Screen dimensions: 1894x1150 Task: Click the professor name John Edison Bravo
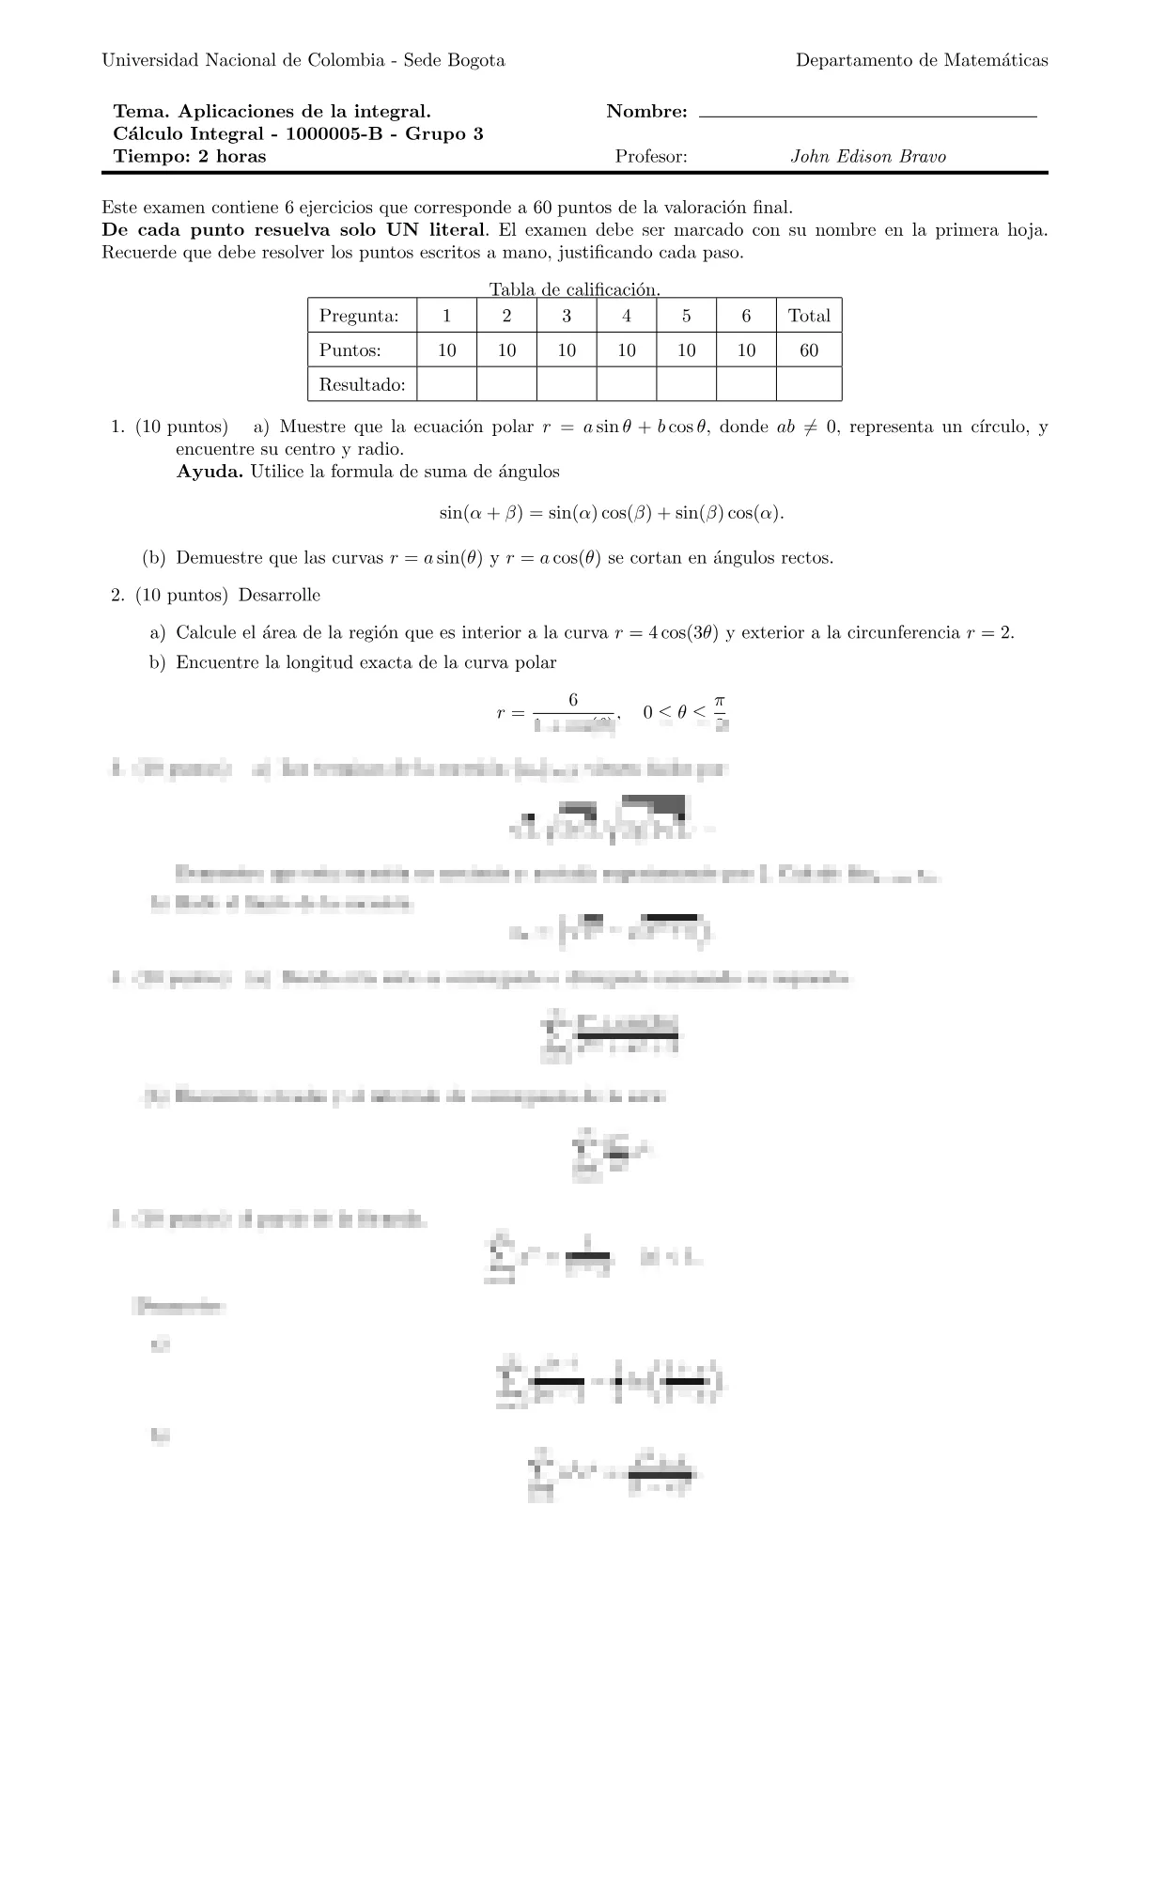click(867, 157)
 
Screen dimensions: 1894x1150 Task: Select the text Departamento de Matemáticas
click(921, 60)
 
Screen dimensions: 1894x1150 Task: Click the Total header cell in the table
click(809, 316)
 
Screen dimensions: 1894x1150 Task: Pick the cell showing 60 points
click(809, 350)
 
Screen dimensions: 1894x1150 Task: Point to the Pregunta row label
click(359, 316)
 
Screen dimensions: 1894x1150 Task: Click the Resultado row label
click(362, 384)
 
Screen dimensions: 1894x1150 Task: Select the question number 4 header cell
click(627, 316)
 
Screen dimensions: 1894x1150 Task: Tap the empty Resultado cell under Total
click(809, 384)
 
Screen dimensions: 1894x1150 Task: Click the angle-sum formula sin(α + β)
click(611, 513)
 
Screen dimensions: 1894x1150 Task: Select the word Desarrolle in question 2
click(279, 596)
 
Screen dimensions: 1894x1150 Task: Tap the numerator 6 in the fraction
click(573, 700)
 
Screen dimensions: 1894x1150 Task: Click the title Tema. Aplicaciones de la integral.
click(272, 112)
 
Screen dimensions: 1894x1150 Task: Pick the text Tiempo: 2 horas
click(189, 157)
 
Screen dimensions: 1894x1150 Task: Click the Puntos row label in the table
click(350, 350)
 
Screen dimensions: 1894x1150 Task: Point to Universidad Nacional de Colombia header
click(303, 60)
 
